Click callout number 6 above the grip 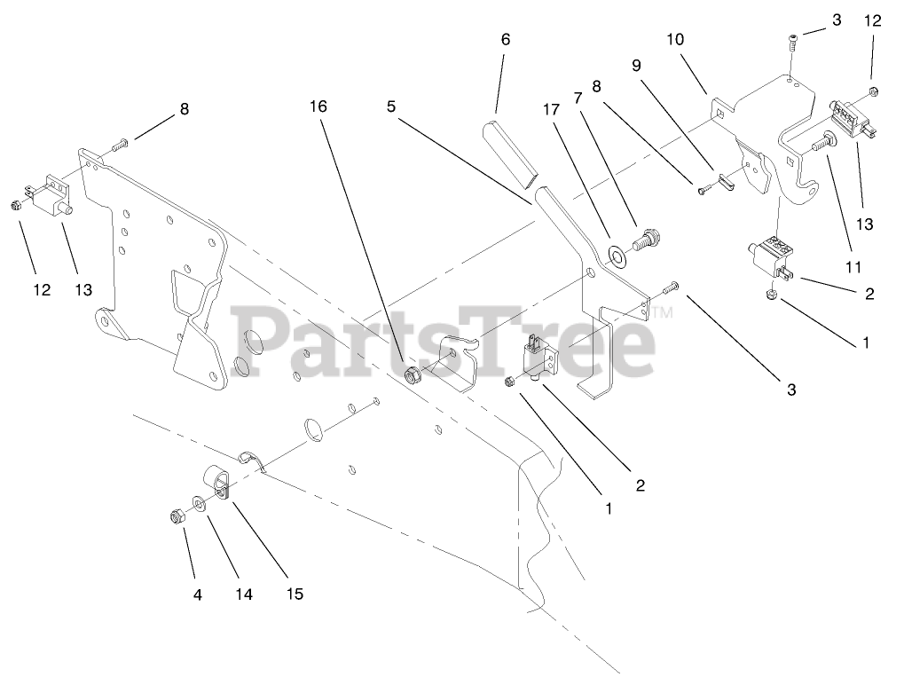click(x=506, y=39)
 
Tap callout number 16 click(x=318, y=106)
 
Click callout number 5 click(x=390, y=106)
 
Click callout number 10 click(x=676, y=40)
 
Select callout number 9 click(x=636, y=65)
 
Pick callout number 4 click(x=198, y=594)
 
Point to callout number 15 click(x=295, y=594)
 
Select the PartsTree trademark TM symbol click(x=664, y=313)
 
